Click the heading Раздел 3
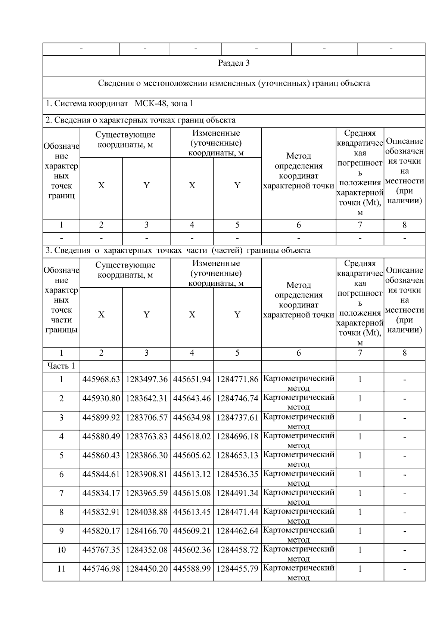pyautogui.click(x=234, y=63)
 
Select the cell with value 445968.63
pyautogui.click(x=101, y=380)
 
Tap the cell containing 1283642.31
pyautogui.click(x=146, y=399)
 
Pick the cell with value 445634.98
pyautogui.click(x=192, y=418)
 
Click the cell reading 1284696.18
pyautogui.click(x=237, y=436)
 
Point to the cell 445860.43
pyautogui.click(x=101, y=455)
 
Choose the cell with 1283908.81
pyautogui.click(x=146, y=474)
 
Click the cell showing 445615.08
pyautogui.click(x=192, y=493)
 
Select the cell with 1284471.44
pyautogui.click(x=237, y=512)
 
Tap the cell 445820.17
pyautogui.click(x=101, y=531)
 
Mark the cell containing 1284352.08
pyautogui.click(x=146, y=550)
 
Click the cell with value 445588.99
pyautogui.click(x=192, y=569)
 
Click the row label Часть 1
pyautogui.click(x=61, y=366)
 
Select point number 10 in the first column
pyautogui.click(x=61, y=550)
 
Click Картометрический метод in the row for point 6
pyautogui.click(x=298, y=477)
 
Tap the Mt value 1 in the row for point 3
pyautogui.click(x=360, y=418)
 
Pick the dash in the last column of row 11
pyautogui.click(x=404, y=569)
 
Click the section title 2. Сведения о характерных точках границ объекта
pyautogui.click(x=140, y=120)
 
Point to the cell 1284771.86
pyautogui.click(x=237, y=380)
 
